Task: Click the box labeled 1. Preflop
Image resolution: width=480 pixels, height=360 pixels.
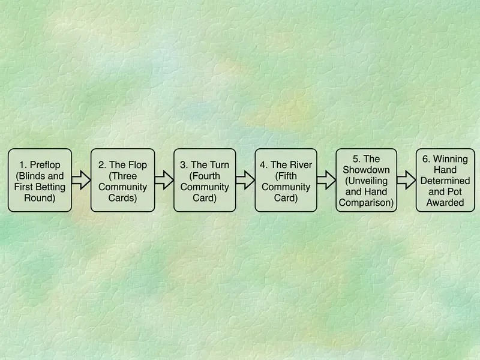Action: click(40, 181)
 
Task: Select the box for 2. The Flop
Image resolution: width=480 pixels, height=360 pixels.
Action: click(123, 181)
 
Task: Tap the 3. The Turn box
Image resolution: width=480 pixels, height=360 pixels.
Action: click(205, 181)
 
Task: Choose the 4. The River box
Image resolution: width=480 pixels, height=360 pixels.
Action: click(286, 181)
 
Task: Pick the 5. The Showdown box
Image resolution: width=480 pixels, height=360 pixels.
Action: click(367, 181)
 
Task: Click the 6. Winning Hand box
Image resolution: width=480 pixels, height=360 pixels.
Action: click(445, 181)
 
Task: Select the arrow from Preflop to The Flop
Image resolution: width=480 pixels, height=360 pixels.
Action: click(81, 180)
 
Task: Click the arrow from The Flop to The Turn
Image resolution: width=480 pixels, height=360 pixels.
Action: click(164, 180)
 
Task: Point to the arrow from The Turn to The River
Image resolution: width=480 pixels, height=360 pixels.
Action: click(245, 180)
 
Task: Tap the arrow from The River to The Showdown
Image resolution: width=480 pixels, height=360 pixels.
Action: click(326, 180)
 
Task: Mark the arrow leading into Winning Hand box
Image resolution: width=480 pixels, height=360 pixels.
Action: click(406, 180)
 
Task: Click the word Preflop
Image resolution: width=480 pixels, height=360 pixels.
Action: click(45, 165)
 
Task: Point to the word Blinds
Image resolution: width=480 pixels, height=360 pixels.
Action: click(32, 176)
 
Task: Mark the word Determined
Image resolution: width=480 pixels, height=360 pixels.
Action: click(445, 181)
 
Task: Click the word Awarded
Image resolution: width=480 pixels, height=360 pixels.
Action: click(445, 203)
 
